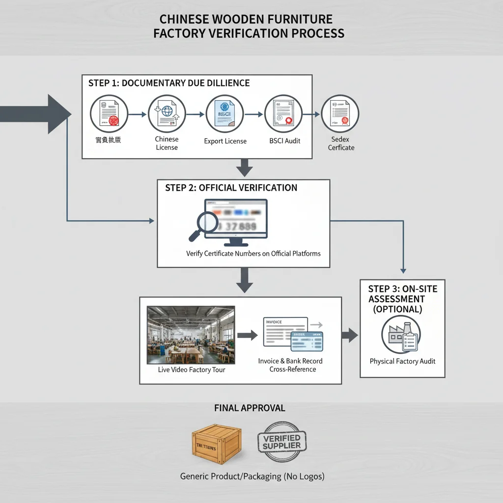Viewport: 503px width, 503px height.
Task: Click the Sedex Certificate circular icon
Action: click(x=340, y=113)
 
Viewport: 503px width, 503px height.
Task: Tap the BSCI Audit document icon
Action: click(x=283, y=114)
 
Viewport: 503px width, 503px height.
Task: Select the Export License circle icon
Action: click(x=224, y=114)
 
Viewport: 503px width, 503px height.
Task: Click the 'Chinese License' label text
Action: click(x=167, y=143)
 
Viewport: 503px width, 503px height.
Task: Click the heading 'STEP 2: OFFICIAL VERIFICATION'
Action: click(x=231, y=188)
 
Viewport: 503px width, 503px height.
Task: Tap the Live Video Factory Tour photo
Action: click(x=191, y=335)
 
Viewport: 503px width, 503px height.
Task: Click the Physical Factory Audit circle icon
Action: click(x=401, y=335)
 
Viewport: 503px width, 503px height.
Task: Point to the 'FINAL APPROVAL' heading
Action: click(x=250, y=408)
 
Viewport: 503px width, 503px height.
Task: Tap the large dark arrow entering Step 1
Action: click(x=37, y=114)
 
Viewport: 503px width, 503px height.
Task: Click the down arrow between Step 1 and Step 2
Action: click(x=244, y=168)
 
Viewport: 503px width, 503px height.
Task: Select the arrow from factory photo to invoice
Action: click(x=247, y=335)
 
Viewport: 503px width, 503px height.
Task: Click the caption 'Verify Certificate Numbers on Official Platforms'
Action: click(x=253, y=253)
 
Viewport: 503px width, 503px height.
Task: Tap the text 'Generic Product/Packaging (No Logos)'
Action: click(x=252, y=476)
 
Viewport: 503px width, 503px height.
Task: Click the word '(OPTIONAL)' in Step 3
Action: click(x=397, y=309)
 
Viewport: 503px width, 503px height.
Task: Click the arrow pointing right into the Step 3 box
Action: click(x=350, y=335)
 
